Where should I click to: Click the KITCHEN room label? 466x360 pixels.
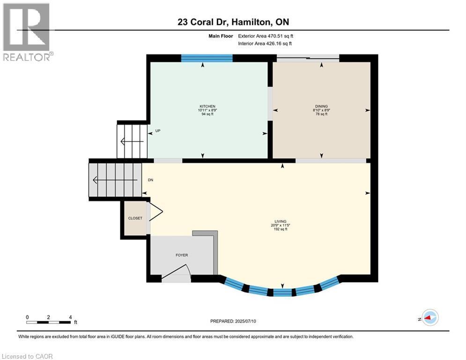click(x=207, y=106)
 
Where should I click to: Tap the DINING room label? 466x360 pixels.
click(x=321, y=106)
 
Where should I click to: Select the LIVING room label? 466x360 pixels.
click(x=281, y=221)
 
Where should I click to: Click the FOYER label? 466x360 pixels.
click(x=182, y=255)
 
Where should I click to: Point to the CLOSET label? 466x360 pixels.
click(x=135, y=218)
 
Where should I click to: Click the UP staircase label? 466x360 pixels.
click(x=158, y=131)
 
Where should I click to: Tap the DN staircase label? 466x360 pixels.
click(x=150, y=180)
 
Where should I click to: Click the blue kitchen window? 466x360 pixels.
click(x=207, y=58)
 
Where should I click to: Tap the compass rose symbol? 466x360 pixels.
click(x=429, y=318)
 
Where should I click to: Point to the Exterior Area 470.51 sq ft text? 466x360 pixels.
click(x=266, y=36)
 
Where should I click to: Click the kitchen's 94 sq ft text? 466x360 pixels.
click(x=207, y=114)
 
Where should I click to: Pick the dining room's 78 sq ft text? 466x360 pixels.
click(x=321, y=114)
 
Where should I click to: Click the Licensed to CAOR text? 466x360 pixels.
click(x=27, y=356)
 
